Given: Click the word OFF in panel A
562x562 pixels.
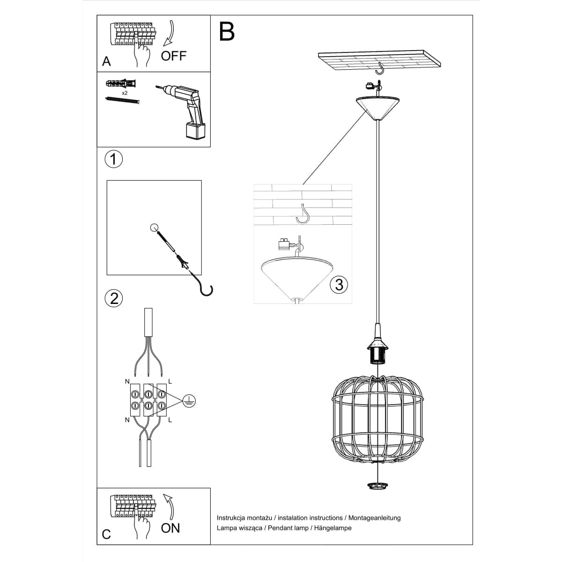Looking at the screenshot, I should (x=173, y=56).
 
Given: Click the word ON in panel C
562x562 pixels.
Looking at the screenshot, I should (x=170, y=528).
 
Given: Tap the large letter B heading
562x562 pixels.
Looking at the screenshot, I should (x=227, y=31).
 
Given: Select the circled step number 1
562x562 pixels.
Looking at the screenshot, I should (x=113, y=159).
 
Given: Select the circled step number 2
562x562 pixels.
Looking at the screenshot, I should (x=114, y=298).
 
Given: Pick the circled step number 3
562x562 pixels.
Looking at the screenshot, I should (x=339, y=284).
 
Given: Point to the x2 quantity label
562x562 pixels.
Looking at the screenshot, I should (x=125, y=93).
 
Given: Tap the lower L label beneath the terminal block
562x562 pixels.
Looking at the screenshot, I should (x=170, y=420).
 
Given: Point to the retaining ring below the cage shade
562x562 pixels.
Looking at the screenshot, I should (x=377, y=486).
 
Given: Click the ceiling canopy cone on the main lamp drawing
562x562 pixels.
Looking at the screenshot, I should (x=377, y=107).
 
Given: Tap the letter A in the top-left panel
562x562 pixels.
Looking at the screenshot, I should (x=106, y=62).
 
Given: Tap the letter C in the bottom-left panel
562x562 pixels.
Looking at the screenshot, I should (x=106, y=534).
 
